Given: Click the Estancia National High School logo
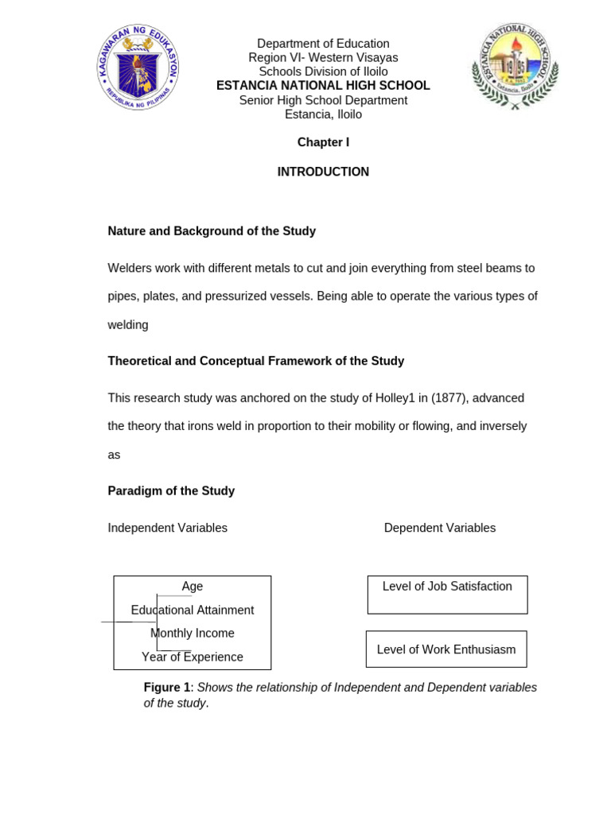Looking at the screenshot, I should tap(516, 66).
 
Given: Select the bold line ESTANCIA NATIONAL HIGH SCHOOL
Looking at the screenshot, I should tap(323, 86).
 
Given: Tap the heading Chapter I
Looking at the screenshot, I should tap(323, 142).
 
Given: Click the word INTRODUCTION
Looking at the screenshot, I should tap(323, 172).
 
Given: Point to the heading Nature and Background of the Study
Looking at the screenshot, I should tap(212, 231).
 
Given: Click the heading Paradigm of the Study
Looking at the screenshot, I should tap(171, 491).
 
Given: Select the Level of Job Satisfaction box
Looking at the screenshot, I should tap(447, 595).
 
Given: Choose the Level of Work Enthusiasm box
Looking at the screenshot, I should tap(446, 649).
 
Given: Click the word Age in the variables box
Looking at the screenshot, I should tap(193, 587).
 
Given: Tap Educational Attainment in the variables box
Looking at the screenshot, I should tap(193, 610).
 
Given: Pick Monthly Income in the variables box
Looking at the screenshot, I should tap(193, 634).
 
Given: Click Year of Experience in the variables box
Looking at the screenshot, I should tap(193, 657).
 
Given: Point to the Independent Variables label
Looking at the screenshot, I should tap(168, 528).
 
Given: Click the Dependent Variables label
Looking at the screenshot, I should tap(440, 528).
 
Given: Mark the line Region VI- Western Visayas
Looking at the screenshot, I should tap(323, 58).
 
